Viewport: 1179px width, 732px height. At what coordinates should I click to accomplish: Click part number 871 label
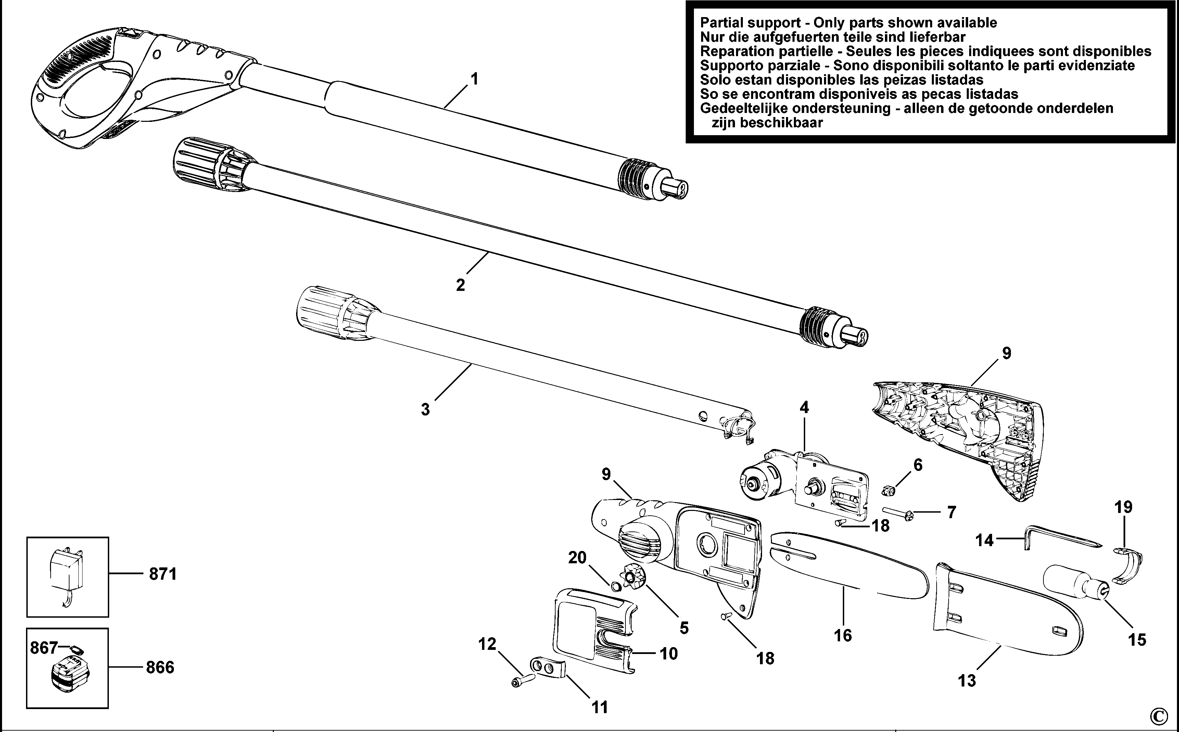pos(163,574)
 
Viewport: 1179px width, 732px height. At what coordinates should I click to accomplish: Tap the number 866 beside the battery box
pos(160,668)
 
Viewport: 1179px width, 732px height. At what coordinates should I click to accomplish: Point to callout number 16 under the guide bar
pos(842,635)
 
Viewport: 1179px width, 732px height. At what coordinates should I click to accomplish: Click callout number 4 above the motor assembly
pos(804,408)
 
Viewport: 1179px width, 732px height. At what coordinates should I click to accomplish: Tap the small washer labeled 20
pos(616,587)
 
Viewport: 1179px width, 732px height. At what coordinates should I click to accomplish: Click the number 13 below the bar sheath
pos(967,681)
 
